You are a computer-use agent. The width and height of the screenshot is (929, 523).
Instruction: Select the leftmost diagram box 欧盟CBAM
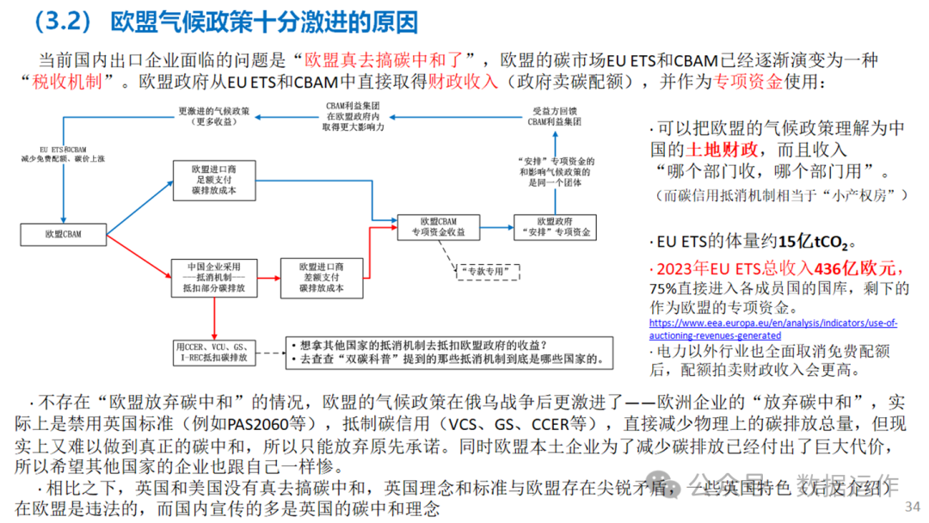pyautogui.click(x=64, y=232)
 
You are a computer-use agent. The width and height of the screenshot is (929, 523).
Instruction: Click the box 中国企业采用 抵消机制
pyautogui.click(x=216, y=277)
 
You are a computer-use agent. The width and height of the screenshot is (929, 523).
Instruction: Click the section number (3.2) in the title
pyautogui.click(x=64, y=21)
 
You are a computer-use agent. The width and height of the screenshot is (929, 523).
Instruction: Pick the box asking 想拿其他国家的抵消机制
pyautogui.click(x=446, y=351)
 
